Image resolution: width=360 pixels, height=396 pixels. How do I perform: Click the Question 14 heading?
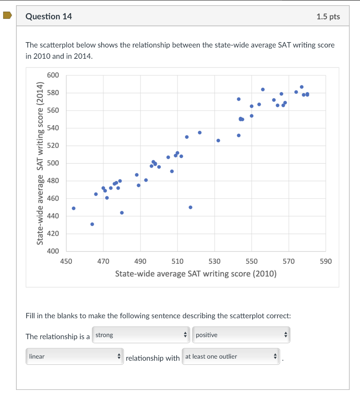click(49, 16)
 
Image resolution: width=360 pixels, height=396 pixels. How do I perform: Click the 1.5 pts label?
click(328, 17)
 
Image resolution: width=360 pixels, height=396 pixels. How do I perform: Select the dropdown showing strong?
click(141, 335)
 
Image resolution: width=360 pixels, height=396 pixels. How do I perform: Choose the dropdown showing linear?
click(75, 357)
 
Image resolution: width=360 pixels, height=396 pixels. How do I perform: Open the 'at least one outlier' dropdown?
click(231, 357)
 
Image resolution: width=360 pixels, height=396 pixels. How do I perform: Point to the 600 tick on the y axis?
click(53, 75)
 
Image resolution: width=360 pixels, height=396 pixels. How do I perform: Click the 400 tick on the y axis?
click(53, 251)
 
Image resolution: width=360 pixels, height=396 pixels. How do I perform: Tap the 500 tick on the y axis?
click(53, 163)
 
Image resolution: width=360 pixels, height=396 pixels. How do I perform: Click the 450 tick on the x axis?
click(66, 261)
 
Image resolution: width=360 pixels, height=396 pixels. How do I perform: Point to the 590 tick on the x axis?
click(326, 261)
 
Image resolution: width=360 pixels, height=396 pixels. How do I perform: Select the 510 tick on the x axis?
click(177, 261)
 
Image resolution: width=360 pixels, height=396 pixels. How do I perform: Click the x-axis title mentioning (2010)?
click(196, 274)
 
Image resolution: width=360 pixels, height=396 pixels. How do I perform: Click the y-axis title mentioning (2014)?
click(39, 164)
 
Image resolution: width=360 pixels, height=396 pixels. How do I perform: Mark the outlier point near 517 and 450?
click(190, 207)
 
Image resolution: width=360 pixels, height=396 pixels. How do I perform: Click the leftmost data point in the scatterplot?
click(74, 208)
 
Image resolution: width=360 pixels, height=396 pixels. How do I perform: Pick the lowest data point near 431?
click(92, 224)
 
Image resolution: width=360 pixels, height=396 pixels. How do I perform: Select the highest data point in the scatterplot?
click(302, 87)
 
